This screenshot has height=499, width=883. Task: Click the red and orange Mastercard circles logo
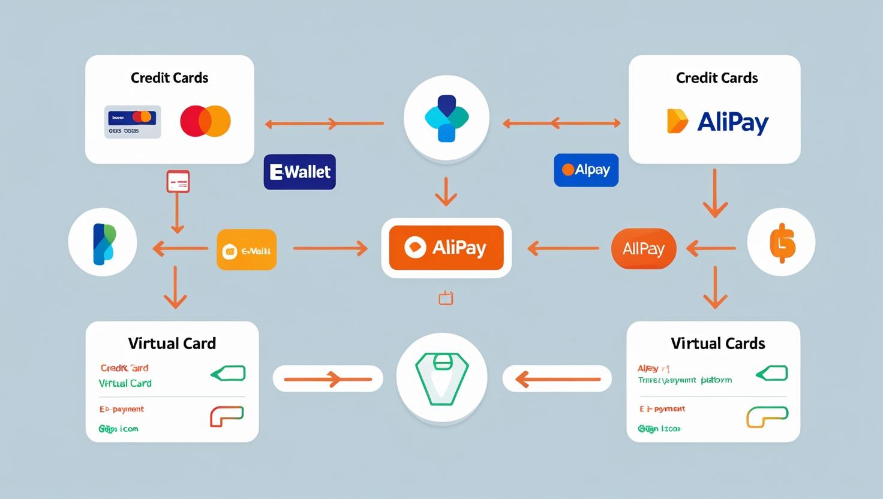pos(205,121)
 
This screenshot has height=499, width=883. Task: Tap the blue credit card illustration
pos(133,122)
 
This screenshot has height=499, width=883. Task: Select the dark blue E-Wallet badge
pos(300,172)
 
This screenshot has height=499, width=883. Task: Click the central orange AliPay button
pos(446,248)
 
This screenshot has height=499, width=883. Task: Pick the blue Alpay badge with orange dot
pos(586,170)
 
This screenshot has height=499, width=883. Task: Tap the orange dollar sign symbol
pos(782,243)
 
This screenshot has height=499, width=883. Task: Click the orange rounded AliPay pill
pos(644,248)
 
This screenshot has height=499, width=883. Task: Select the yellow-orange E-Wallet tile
pos(247,250)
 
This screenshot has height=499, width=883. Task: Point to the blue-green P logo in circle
pos(103,243)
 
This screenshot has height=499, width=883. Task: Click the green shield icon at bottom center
pos(442,378)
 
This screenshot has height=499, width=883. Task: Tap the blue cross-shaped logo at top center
pos(446,118)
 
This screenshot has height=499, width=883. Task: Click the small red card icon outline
pos(178,182)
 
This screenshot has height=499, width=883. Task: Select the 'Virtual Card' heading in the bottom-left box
pos(172,343)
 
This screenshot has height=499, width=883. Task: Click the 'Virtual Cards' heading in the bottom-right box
pos(717,343)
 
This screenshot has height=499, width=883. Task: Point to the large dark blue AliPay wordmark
pos(732,122)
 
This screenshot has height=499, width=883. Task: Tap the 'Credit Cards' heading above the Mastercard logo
pos(169,78)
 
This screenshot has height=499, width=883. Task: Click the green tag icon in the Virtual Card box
pos(229,374)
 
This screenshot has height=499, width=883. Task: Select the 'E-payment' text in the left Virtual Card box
pos(122,409)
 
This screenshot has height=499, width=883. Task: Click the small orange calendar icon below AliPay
pos(446,298)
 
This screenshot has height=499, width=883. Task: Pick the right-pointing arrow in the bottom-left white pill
pos(328,379)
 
